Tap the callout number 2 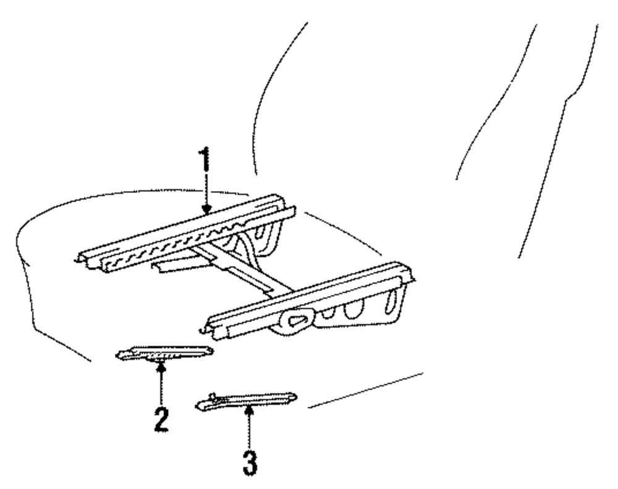[161, 418]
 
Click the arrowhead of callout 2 [162, 367]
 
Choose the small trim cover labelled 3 [247, 400]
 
